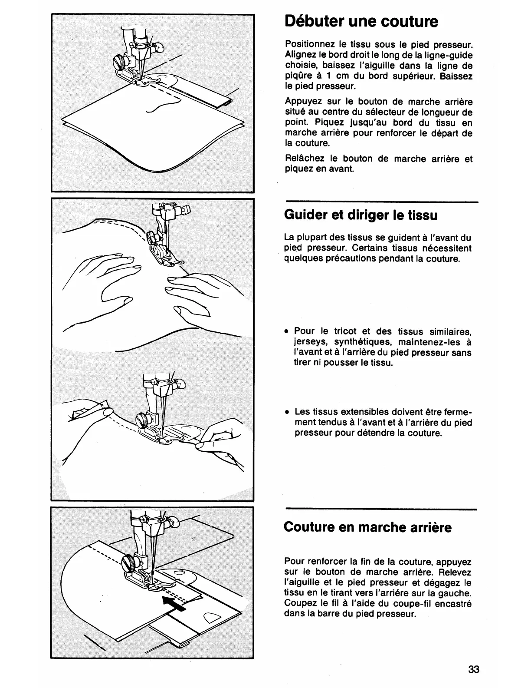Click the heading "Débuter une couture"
(361, 21)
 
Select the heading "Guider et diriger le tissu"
(361, 215)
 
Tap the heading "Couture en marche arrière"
(367, 527)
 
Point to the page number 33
(474, 669)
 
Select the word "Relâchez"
(303, 159)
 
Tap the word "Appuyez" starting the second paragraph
(302, 102)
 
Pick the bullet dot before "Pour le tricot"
(287, 332)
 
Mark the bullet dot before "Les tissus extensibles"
(287, 412)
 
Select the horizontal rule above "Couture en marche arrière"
(381, 509)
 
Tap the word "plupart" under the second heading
(314, 238)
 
